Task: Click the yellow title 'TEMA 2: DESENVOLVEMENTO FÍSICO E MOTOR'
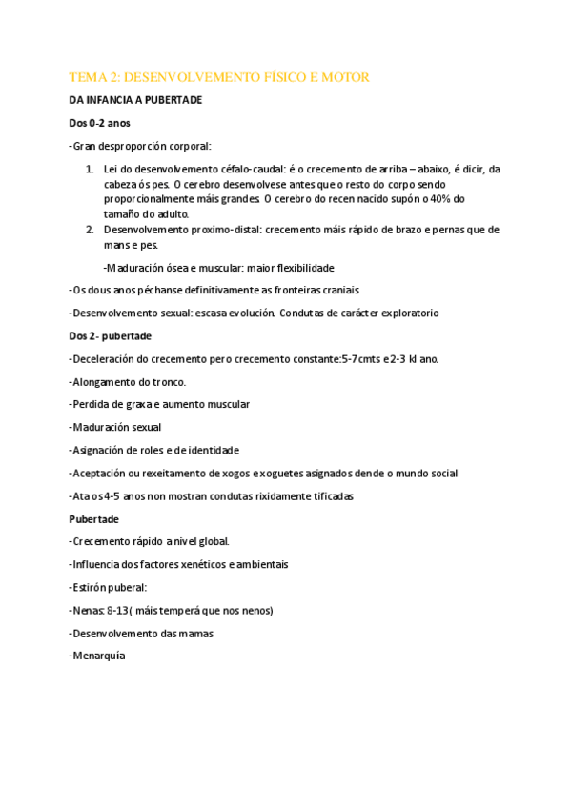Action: click(x=219, y=76)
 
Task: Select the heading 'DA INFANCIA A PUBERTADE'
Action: click(x=135, y=100)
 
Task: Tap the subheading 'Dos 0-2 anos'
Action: click(x=99, y=123)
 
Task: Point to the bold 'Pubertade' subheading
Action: click(x=93, y=518)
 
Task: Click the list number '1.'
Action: click(x=91, y=169)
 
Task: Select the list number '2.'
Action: click(x=91, y=230)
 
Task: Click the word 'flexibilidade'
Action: click(x=302, y=268)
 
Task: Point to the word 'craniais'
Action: click(x=337, y=290)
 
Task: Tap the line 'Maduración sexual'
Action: click(x=116, y=427)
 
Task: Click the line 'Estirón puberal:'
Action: click(x=109, y=587)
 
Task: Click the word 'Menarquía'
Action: click(x=99, y=656)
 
